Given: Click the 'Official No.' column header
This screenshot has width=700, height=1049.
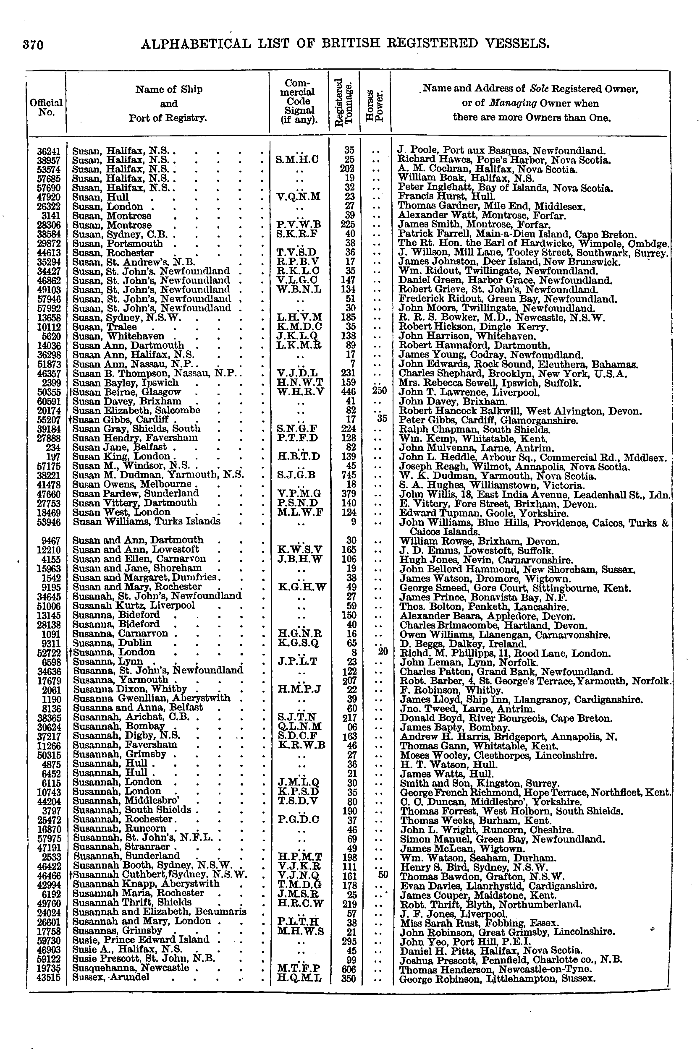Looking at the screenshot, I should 46,107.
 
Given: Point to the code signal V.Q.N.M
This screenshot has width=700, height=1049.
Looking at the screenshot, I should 298,196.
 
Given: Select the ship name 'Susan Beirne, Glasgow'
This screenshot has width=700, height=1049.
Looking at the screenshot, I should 127,392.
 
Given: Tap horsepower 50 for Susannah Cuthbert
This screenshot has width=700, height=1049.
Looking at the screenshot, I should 383,874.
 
